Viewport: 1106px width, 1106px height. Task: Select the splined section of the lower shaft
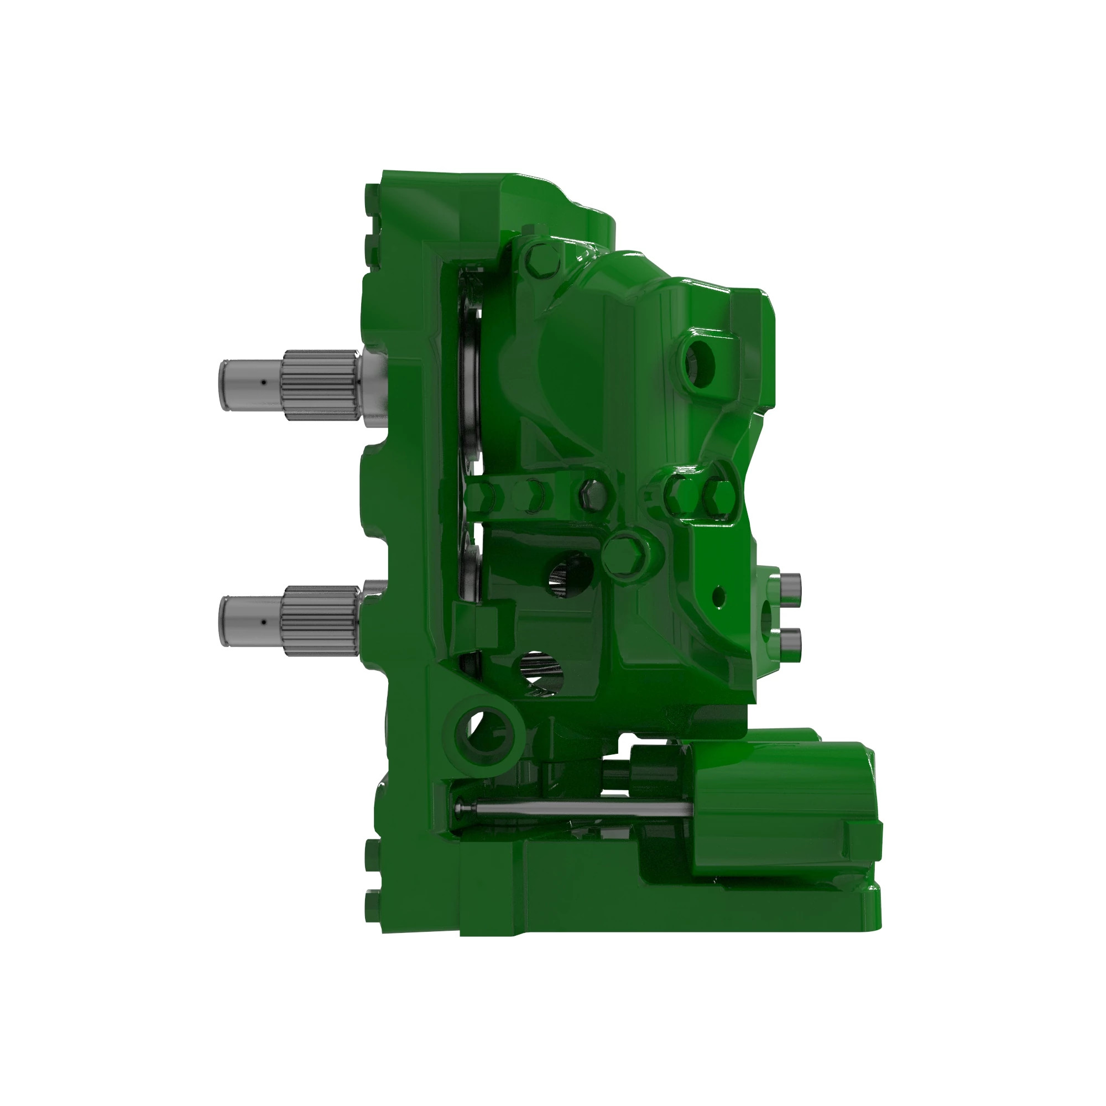click(x=318, y=621)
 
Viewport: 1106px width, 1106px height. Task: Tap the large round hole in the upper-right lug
click(x=699, y=361)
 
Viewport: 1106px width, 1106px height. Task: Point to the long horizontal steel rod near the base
click(x=572, y=809)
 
